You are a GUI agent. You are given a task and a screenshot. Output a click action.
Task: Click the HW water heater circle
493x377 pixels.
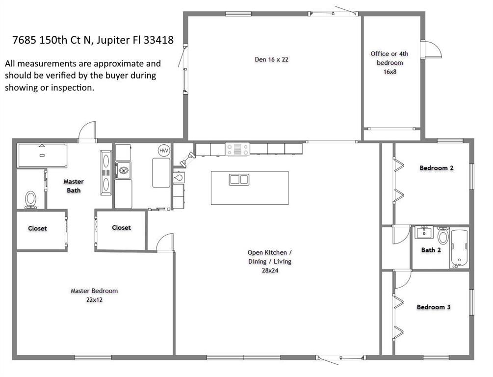click(x=163, y=150)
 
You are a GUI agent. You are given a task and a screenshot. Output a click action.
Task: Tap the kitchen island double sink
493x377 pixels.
click(x=239, y=179)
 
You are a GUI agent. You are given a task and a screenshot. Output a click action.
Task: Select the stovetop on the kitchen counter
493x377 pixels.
click(x=237, y=149)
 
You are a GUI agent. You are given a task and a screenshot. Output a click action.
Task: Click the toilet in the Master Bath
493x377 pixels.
click(x=30, y=199)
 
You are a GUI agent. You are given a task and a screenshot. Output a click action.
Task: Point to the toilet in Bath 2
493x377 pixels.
click(x=443, y=236)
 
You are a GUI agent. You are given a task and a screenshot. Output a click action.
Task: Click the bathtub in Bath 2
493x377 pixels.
click(x=459, y=248)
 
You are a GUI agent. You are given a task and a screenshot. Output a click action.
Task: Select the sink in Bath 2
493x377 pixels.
click(x=424, y=233)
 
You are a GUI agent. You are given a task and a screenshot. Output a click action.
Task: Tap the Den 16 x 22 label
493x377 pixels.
click(x=271, y=59)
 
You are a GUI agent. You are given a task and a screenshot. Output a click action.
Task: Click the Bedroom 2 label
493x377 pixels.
click(x=437, y=168)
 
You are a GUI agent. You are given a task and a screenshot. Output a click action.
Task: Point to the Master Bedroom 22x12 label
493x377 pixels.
click(x=94, y=295)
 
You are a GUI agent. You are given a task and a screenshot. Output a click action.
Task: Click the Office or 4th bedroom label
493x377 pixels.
click(x=389, y=63)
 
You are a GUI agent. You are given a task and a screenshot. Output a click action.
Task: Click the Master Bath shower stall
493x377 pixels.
click(x=42, y=156)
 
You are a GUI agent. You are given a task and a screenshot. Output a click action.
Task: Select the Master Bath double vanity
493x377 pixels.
click(x=106, y=173)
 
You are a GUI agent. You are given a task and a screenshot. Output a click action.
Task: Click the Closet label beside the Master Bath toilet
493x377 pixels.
click(x=37, y=228)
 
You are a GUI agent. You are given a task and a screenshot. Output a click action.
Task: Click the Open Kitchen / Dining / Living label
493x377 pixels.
click(x=270, y=261)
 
